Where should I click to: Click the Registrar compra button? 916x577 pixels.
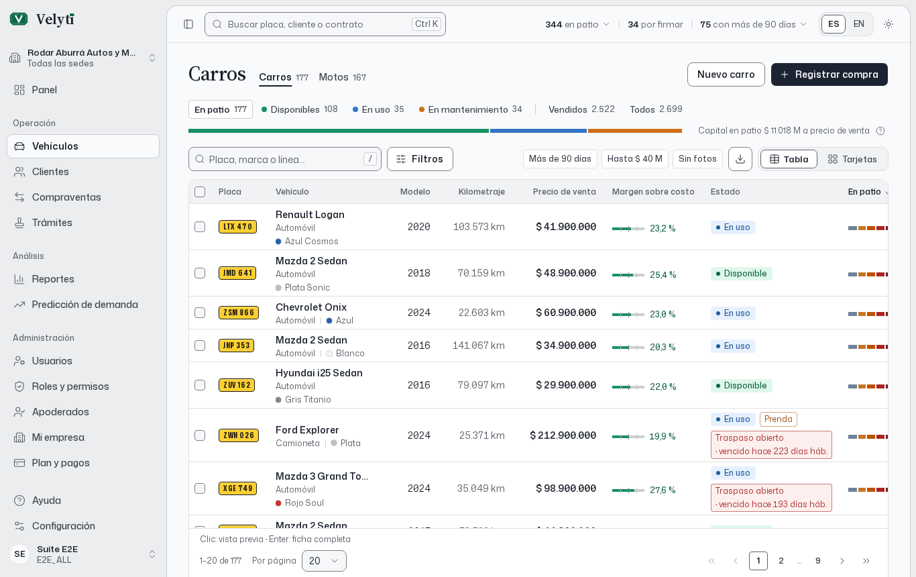pos(829,74)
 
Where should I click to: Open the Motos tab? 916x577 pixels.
pos(342,77)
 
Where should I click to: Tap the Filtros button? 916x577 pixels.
pos(420,159)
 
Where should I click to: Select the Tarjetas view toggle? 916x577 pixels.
pos(852,159)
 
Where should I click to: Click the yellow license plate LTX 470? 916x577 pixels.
pos(237,227)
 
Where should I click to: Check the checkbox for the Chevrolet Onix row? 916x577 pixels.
pos(200,313)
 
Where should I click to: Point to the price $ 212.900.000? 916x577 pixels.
pos(563,435)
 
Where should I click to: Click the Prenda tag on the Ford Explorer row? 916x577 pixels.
pos(778,419)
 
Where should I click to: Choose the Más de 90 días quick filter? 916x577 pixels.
pos(560,159)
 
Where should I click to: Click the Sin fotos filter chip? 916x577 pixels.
pos(697,159)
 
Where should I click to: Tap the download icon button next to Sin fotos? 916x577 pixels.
pos(740,159)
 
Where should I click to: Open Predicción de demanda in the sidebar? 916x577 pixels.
pos(84,305)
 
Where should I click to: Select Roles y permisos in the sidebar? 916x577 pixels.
pos(70,386)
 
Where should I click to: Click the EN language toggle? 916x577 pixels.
pos(859,24)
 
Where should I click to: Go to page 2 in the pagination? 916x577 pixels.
pos(781,561)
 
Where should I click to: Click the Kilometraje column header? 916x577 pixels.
pos(481,191)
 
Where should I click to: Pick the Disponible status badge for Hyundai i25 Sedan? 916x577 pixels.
pos(741,386)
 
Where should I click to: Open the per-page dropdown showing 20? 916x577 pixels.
pos(324,561)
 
